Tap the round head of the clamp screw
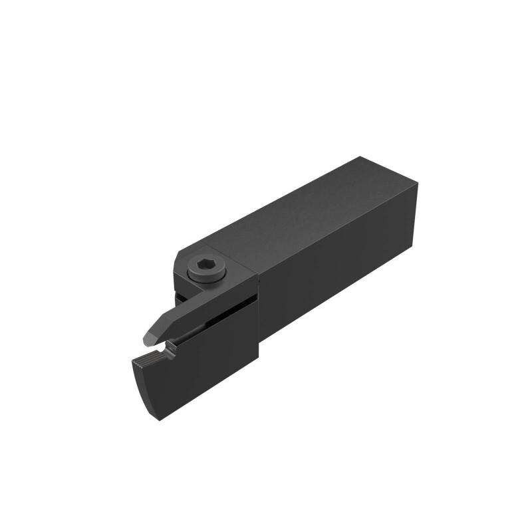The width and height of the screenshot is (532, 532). tap(207, 265)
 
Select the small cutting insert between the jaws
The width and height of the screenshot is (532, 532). tap(172, 345)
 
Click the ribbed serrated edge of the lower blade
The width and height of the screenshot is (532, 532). tap(142, 362)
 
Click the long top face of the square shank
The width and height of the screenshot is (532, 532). tap(293, 213)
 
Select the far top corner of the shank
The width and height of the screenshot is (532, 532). tap(360, 157)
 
